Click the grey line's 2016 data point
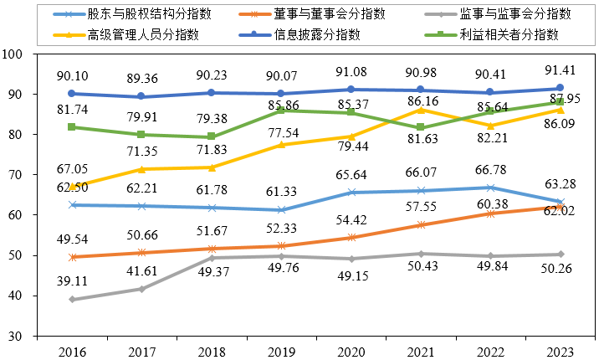72,299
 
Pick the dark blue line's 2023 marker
560,88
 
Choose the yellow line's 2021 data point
421,110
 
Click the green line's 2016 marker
72,127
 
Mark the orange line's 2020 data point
351,238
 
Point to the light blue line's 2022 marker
490,188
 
